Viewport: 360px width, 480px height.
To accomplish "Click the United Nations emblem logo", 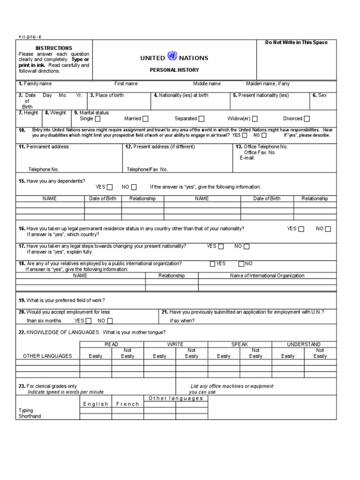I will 172,57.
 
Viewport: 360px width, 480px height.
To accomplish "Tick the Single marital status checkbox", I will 97,119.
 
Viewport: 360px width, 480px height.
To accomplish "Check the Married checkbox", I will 145,119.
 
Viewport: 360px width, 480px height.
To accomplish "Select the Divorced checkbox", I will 307,119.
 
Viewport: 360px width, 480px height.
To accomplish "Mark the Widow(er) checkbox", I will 255,119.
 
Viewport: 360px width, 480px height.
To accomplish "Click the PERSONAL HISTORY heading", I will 174,70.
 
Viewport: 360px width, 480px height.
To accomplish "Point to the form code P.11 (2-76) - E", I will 30,37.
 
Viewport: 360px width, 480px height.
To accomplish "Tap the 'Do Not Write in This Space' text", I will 296,43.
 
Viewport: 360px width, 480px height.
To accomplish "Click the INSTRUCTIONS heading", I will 54,48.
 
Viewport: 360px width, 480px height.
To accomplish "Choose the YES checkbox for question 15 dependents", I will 110,187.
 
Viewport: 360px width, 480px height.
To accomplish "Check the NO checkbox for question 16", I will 328,229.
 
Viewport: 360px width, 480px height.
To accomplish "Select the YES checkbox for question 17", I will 221,247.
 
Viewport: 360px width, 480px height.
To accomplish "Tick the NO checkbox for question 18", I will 241,264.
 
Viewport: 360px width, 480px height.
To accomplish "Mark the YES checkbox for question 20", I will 88,321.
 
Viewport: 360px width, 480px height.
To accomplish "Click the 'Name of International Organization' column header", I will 267,276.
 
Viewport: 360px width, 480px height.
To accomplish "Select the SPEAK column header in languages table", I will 240,344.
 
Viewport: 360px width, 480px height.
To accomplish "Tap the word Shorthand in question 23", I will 30,416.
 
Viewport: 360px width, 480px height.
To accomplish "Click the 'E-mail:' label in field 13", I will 247,158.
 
